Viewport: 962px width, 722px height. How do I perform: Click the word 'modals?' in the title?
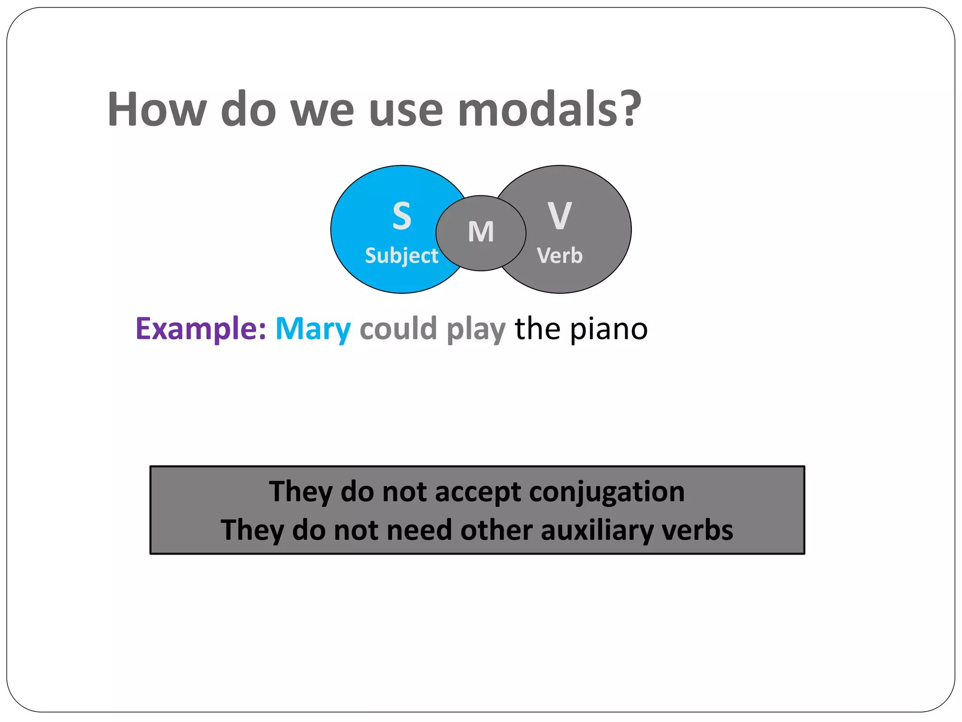click(550, 110)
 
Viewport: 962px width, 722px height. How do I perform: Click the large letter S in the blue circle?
click(402, 216)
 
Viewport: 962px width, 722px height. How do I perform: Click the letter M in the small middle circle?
click(481, 232)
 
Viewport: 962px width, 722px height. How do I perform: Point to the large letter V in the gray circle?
click(559, 216)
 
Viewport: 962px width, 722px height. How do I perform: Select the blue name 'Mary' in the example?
click(313, 330)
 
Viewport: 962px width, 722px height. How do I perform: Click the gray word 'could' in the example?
click(398, 329)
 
